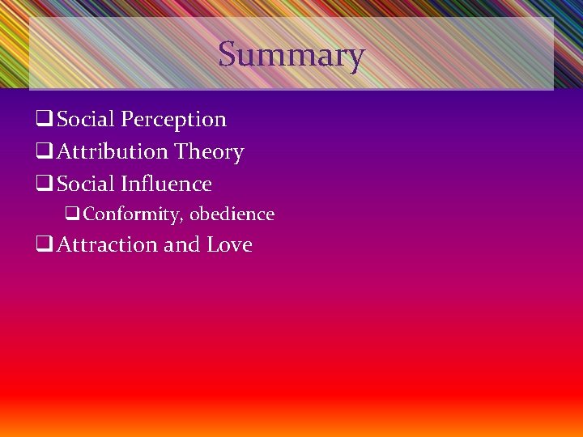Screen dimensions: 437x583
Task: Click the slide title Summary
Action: [291, 55]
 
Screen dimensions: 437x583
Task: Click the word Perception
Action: [173, 120]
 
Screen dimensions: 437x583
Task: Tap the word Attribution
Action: [113, 152]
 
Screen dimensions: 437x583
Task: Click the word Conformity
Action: [132, 214]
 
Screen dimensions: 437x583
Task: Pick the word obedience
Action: [232, 214]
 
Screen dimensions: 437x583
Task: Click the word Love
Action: [229, 245]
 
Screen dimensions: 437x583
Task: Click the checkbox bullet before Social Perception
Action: [45, 121]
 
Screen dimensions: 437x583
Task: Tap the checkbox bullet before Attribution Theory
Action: [45, 153]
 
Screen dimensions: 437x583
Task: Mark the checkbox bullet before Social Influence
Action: [45, 185]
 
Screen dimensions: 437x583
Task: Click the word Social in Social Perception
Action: [86, 120]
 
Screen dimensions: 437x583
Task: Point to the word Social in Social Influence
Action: [86, 185]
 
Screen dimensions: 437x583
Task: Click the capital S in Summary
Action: [228, 55]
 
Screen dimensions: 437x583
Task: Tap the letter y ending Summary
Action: [356, 58]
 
